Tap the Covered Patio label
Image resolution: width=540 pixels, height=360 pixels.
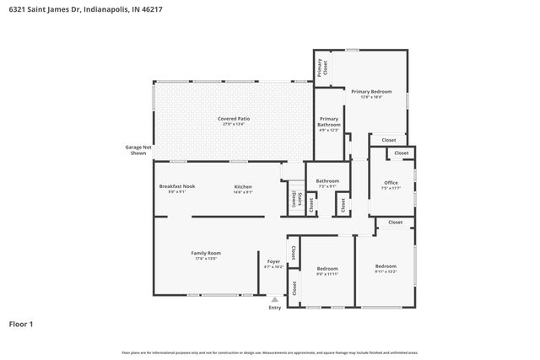tap(234, 119)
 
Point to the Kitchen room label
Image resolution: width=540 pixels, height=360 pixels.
tap(243, 186)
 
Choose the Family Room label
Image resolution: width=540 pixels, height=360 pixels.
tap(206, 254)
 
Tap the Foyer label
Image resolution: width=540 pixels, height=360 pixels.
tap(273, 261)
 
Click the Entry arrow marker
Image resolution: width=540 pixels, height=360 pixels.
tap(274, 298)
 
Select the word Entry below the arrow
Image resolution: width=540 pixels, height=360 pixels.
tap(274, 308)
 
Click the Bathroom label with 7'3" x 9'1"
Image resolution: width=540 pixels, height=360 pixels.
tap(327, 180)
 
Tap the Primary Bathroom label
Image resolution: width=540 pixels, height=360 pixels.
tap(328, 121)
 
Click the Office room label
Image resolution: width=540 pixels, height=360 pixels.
tap(391, 182)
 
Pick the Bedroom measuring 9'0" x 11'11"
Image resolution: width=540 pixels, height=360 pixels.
tap(327, 268)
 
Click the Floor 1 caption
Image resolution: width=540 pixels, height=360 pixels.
tap(21, 324)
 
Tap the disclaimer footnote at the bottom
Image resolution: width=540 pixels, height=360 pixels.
tap(269, 352)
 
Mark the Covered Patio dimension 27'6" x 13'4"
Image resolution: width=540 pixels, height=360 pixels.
tap(234, 124)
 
